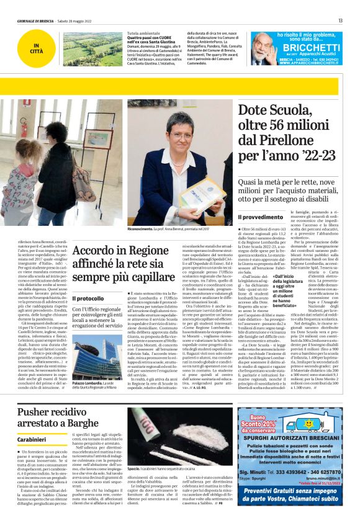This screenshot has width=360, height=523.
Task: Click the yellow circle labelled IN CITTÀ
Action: (37, 48)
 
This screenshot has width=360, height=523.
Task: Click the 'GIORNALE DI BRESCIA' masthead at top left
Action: (37, 20)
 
